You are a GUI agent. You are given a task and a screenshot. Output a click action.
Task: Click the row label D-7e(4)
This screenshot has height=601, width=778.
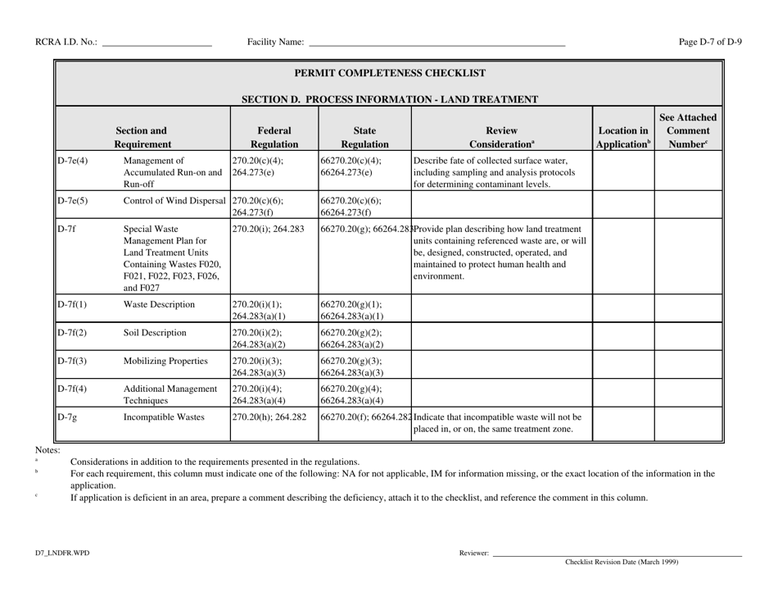click(73, 161)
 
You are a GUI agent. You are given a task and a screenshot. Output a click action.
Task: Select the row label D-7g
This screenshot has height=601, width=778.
click(67, 417)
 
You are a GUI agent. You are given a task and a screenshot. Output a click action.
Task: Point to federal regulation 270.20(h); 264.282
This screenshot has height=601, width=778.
click(269, 417)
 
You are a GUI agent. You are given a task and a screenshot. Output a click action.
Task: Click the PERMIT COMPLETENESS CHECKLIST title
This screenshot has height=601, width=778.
click(388, 73)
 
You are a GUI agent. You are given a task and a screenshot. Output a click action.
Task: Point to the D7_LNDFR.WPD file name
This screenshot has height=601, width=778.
click(61, 553)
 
